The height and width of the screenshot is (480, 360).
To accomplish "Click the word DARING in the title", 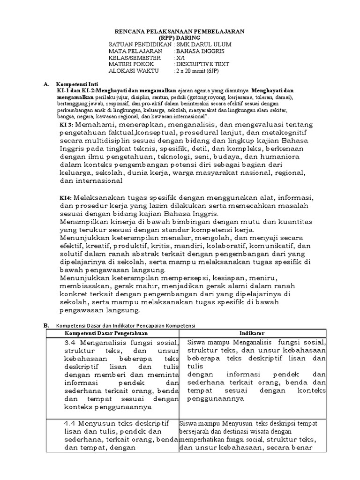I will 190,37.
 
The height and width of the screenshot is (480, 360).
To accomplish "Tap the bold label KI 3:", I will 67,126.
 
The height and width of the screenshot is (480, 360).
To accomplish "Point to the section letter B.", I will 46,325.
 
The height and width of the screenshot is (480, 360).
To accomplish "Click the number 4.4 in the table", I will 71,424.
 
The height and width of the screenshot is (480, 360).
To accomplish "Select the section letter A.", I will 46,84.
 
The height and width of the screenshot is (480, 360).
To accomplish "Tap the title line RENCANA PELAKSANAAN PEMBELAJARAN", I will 180,31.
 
